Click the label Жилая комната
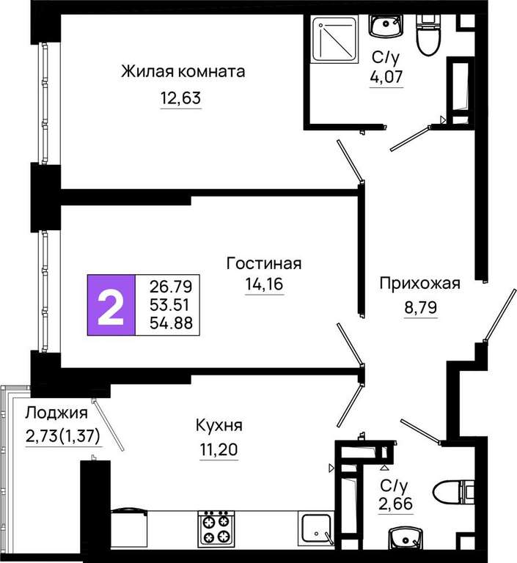coord(183,71)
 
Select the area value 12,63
coord(180,97)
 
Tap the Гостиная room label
coord(264,264)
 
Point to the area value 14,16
coord(265,284)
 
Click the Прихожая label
coord(420,283)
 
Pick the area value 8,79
coord(421,307)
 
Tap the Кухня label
coord(219,425)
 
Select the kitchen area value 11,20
coord(219,449)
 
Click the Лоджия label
coord(56,413)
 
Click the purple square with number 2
coord(111,305)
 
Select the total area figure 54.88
coord(171,323)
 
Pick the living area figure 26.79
coord(171,287)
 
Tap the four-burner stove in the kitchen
coord(216,529)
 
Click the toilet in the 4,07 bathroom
coord(428,35)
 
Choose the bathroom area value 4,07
coord(386,76)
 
